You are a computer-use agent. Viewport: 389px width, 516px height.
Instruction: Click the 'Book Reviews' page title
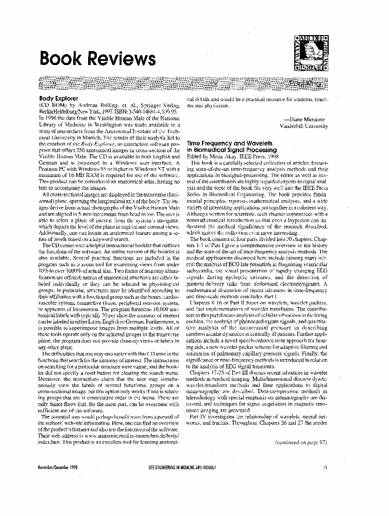(x=97, y=58)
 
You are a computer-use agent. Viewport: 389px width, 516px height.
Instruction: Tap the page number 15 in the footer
(x=325, y=467)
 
